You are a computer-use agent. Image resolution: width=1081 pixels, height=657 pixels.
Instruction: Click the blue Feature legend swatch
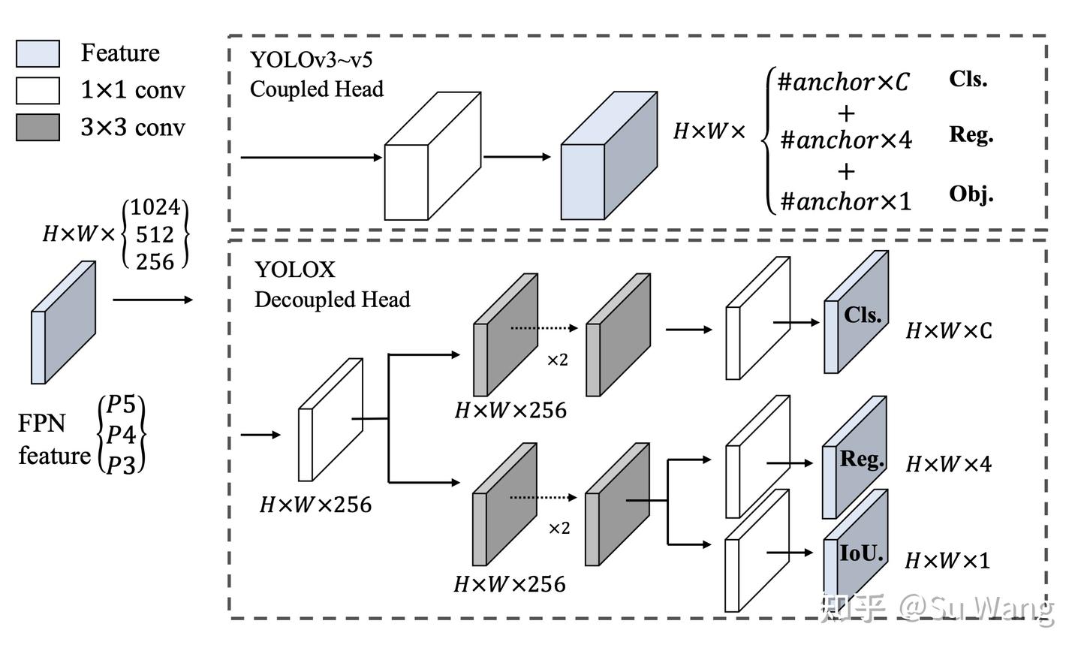click(38, 53)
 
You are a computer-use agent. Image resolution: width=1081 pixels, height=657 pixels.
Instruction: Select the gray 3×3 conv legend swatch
click(38, 128)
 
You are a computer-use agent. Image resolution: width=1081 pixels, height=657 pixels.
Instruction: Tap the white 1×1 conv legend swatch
click(38, 90)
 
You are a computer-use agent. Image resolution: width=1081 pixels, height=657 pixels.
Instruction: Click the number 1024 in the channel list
click(155, 207)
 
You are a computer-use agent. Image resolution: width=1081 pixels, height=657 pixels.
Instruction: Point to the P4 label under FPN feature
click(121, 435)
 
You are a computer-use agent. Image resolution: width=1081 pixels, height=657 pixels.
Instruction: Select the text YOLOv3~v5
click(311, 59)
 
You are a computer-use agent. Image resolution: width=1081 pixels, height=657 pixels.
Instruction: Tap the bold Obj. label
click(971, 194)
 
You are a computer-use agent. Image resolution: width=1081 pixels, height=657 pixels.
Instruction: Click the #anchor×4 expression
click(846, 140)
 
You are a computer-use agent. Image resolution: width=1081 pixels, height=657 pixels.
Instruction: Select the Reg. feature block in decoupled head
click(856, 458)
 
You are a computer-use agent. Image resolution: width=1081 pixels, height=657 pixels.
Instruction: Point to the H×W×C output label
click(949, 331)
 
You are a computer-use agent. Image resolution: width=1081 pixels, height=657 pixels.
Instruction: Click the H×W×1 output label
click(947, 561)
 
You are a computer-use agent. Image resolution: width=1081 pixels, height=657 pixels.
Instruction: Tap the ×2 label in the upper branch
click(557, 360)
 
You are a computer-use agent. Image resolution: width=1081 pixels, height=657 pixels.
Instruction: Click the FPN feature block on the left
click(63, 323)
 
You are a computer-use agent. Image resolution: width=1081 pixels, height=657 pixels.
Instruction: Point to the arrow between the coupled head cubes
click(517, 157)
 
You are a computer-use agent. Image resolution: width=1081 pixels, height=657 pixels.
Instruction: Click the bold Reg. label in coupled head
click(971, 134)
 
